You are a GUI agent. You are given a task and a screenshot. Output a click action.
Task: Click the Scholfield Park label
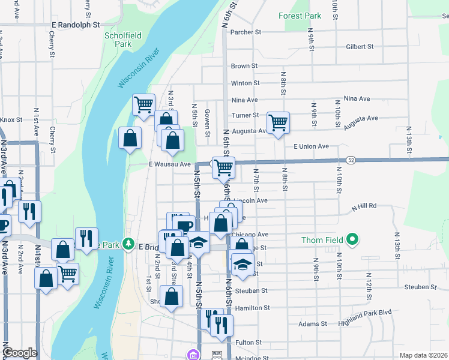pyautogui.click(x=122, y=40)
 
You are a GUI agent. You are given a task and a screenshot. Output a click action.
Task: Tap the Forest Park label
pyautogui.click(x=301, y=16)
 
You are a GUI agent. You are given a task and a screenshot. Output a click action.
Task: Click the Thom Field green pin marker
pyautogui.click(x=353, y=240)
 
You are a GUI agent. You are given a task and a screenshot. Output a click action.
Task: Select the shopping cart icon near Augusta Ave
pyautogui.click(x=278, y=123)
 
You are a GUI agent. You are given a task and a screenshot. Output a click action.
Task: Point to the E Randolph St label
pyautogui.click(x=75, y=25)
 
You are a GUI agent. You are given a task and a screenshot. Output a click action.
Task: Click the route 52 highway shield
pyautogui.click(x=351, y=160)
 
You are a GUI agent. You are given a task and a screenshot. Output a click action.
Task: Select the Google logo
pyautogui.click(x=20, y=353)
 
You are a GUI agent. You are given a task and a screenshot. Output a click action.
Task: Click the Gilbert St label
pyautogui.click(x=360, y=46)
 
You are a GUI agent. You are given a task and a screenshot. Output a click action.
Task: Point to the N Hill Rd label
pyautogui.click(x=364, y=205)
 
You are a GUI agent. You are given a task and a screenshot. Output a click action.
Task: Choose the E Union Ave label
pyautogui.click(x=311, y=146)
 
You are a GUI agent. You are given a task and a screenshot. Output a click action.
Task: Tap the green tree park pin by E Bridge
pyautogui.click(x=128, y=244)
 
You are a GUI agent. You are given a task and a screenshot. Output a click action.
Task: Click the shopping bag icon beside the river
pyautogui.click(x=130, y=139)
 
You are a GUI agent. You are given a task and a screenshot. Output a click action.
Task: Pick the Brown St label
pyautogui.click(x=244, y=66)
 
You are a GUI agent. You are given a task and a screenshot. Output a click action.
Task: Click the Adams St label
pyautogui.click(x=312, y=324)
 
